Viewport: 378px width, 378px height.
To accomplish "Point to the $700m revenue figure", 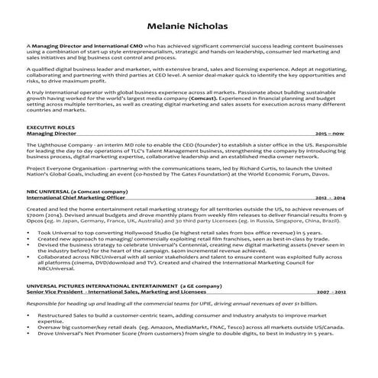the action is [x=37, y=215].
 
